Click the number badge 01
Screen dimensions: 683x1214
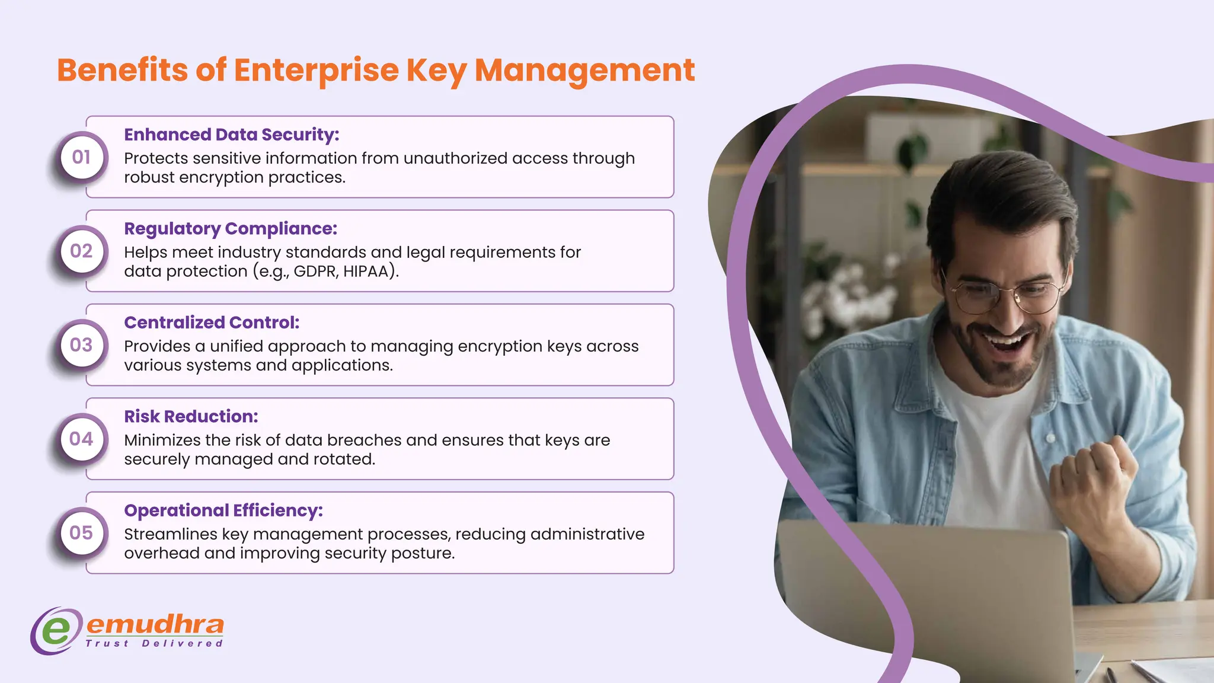click(81, 157)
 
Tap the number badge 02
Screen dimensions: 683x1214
click(81, 251)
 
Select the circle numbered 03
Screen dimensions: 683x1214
click(81, 345)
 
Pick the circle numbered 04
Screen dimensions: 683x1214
click(81, 439)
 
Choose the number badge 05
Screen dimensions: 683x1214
click(81, 532)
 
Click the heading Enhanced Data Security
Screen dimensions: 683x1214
click(231, 135)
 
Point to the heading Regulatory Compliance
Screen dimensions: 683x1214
click(230, 229)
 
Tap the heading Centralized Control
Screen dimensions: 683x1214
click(212, 323)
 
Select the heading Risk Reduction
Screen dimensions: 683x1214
click(191, 416)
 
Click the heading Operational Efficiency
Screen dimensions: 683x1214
click(223, 510)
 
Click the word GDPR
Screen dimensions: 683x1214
click(315, 272)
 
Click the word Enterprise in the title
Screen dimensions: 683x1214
click(316, 70)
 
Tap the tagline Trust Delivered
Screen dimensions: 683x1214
click(154, 643)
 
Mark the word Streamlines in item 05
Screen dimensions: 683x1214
click(171, 534)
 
